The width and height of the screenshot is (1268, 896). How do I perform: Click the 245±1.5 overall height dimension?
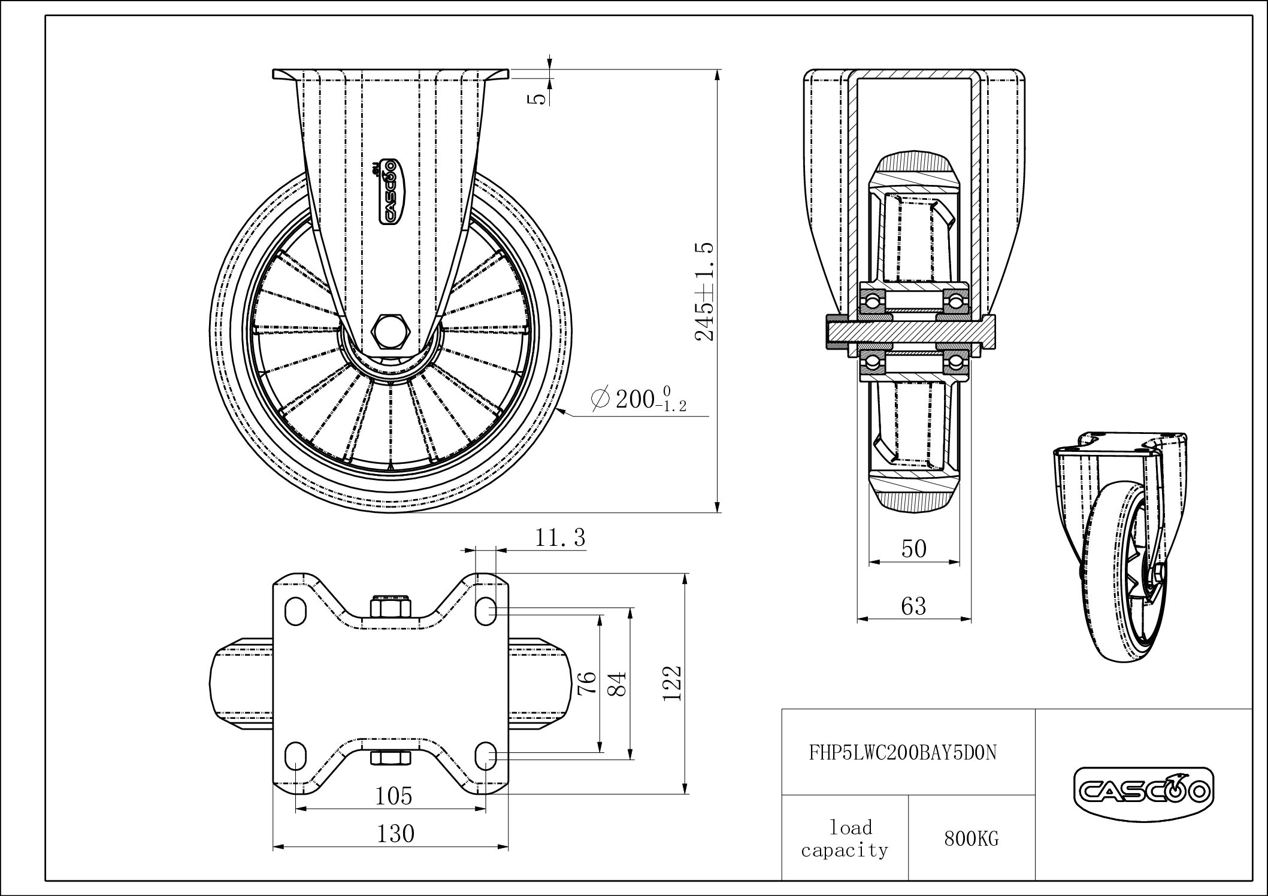pyautogui.click(x=705, y=291)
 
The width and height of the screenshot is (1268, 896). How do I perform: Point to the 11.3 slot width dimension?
pyautogui.click(x=560, y=537)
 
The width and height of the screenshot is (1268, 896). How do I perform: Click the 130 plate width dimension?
pyautogui.click(x=395, y=833)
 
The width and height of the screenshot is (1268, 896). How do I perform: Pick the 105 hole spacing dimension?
pyautogui.click(x=394, y=796)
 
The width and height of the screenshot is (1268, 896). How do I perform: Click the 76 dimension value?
pyautogui.click(x=587, y=682)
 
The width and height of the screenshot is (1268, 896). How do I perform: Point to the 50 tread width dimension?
pyautogui.click(x=913, y=549)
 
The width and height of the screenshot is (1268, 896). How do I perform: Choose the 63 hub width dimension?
pyautogui.click(x=913, y=607)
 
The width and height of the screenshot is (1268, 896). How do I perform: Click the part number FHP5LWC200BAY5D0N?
pyautogui.click(x=903, y=752)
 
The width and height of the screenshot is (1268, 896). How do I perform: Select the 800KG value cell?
pyautogui.click(x=972, y=839)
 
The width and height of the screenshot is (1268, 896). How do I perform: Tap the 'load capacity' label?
pyautogui.click(x=845, y=839)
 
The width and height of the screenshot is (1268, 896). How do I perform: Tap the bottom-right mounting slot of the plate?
pyautogui.click(x=486, y=755)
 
